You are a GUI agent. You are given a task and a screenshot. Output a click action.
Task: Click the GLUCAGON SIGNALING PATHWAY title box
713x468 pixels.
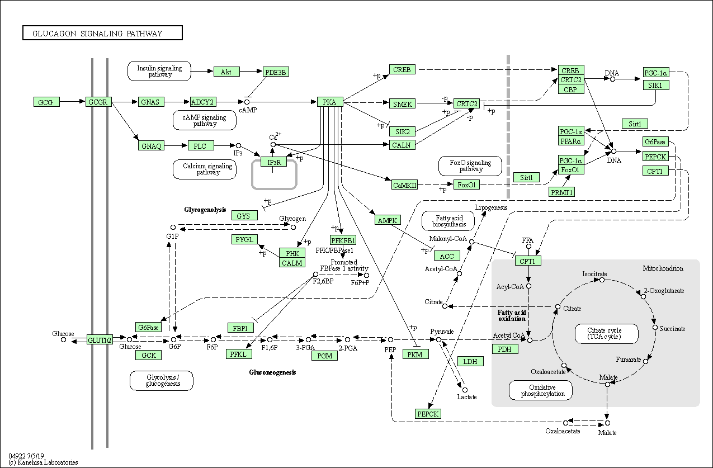tap(102, 33)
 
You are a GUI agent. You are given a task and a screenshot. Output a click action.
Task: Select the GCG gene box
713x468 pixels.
tap(46, 102)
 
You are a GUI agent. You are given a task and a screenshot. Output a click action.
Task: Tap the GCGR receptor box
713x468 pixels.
tap(99, 102)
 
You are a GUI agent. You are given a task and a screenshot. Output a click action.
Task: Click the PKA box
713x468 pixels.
tap(330, 102)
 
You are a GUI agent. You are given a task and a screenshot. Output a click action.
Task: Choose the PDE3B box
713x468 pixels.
tap(276, 72)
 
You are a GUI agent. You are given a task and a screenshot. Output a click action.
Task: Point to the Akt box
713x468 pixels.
tap(226, 72)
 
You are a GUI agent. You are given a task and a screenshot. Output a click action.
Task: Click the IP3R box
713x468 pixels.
tap(273, 162)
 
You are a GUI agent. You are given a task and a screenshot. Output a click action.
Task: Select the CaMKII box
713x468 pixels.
tap(404, 185)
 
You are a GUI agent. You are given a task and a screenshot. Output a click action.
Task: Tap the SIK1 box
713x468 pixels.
tap(656, 85)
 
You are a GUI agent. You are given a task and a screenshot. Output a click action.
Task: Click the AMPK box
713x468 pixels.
tap(388, 220)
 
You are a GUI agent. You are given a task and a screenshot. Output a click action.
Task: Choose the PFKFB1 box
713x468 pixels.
tap(343, 240)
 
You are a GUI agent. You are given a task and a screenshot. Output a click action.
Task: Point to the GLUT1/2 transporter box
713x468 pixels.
tap(100, 339)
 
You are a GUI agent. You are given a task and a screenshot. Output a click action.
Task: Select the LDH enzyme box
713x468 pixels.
tap(470, 361)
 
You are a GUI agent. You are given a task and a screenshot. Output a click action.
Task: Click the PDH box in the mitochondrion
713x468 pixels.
tap(505, 349)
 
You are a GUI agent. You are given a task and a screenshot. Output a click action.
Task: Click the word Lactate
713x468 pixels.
tap(467, 397)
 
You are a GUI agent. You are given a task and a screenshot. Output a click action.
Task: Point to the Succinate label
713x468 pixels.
tap(672, 329)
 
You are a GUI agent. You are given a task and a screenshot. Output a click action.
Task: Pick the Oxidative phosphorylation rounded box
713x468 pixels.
tap(540, 390)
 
